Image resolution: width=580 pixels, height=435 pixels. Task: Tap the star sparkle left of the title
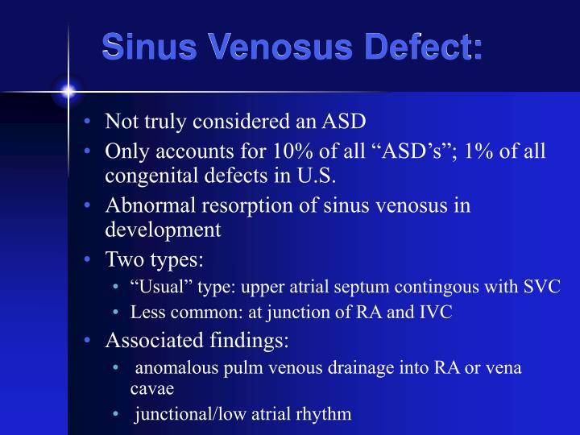click(x=68, y=92)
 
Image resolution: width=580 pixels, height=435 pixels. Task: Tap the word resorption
click(x=226, y=205)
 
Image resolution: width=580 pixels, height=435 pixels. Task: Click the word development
click(x=163, y=230)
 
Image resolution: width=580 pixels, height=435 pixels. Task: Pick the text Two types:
click(x=155, y=260)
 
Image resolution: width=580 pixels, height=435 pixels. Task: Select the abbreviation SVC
click(x=543, y=288)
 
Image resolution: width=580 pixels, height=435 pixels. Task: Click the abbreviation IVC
click(x=436, y=313)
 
